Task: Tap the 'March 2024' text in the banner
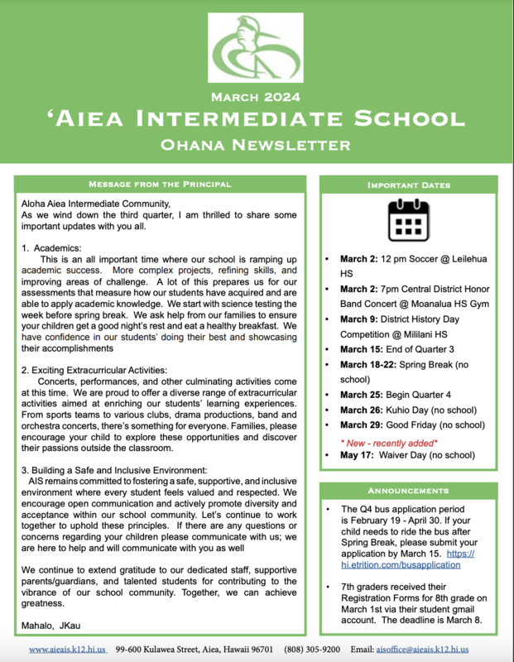click(257, 98)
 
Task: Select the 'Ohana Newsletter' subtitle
click(257, 146)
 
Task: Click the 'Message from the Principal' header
click(160, 183)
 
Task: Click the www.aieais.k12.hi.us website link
click(67, 650)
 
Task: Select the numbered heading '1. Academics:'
click(52, 247)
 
